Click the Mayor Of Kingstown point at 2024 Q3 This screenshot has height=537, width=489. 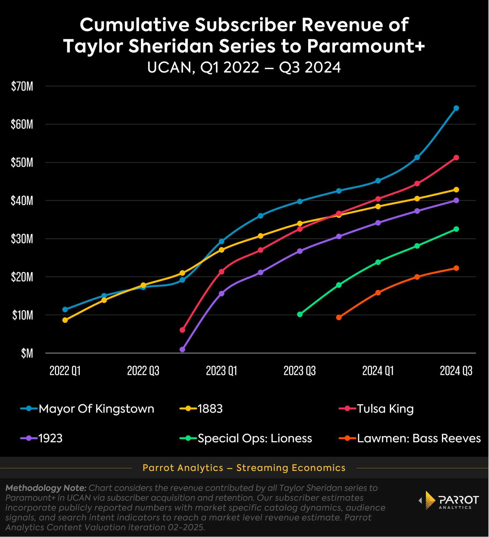[456, 108]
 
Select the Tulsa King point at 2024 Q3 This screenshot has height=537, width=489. [456, 158]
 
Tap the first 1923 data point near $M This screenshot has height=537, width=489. [182, 349]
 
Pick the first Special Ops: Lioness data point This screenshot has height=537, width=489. [300, 315]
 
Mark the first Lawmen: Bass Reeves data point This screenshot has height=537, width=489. [339, 317]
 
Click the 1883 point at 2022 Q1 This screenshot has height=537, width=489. [65, 320]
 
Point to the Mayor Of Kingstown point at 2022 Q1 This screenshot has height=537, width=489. [65, 309]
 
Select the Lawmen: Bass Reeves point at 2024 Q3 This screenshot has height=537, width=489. [456, 268]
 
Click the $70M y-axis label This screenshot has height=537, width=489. [22, 87]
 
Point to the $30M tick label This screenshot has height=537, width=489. [22, 239]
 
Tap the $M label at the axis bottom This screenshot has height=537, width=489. [27, 353]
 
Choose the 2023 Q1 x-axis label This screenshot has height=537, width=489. [222, 371]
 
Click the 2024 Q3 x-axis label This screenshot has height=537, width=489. [456, 371]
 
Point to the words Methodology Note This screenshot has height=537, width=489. [46, 488]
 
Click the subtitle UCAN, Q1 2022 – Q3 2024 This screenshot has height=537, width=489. [244, 68]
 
